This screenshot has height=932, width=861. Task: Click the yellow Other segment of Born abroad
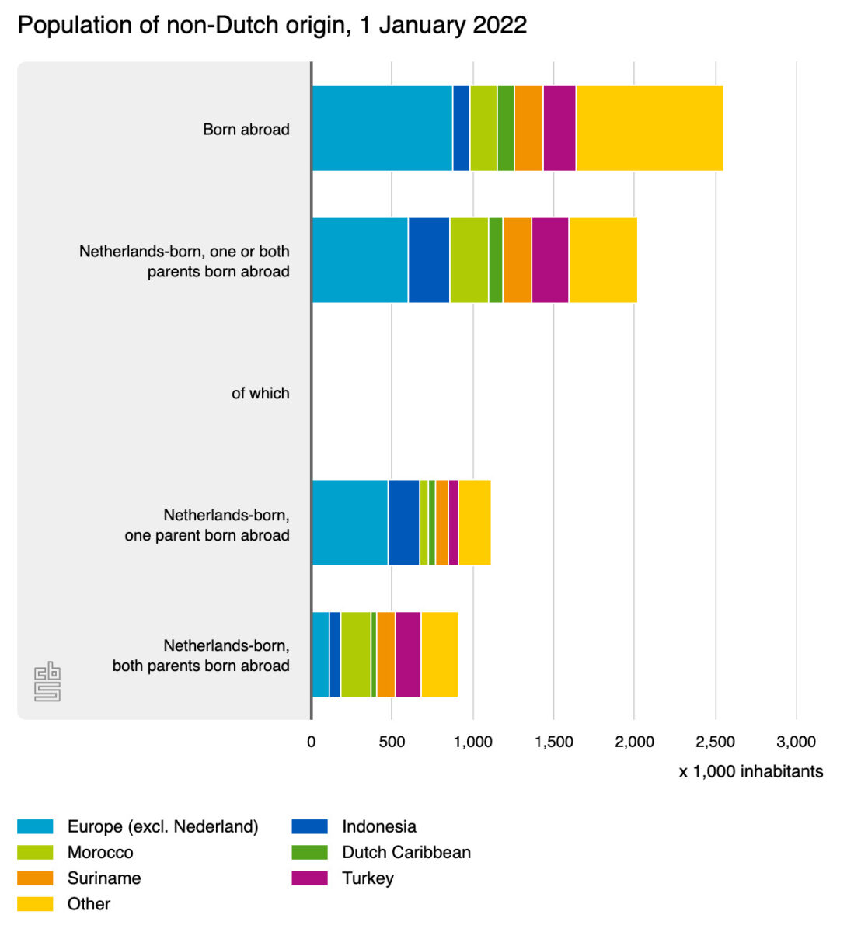650,128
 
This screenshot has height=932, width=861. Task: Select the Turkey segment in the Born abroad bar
559,128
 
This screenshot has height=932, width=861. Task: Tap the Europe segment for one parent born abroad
350,523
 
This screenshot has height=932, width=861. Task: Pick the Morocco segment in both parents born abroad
356,655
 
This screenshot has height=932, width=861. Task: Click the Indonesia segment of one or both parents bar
429,260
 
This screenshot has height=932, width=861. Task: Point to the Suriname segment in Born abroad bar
528,128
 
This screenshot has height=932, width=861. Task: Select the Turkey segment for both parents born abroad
408,655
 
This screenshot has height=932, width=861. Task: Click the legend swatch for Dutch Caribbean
309,853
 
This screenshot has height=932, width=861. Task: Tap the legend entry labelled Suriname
104,878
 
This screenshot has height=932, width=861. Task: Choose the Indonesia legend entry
379,827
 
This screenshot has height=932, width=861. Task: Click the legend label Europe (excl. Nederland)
162,827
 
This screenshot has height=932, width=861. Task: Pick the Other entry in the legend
89,904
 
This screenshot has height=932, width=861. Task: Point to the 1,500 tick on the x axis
553,742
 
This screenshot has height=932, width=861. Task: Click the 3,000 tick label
796,742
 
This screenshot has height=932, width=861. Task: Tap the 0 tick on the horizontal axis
311,742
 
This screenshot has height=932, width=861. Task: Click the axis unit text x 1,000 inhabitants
751,771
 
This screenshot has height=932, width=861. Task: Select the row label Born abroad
246,130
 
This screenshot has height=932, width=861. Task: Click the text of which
260,394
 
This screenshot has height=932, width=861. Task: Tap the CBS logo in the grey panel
47,682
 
